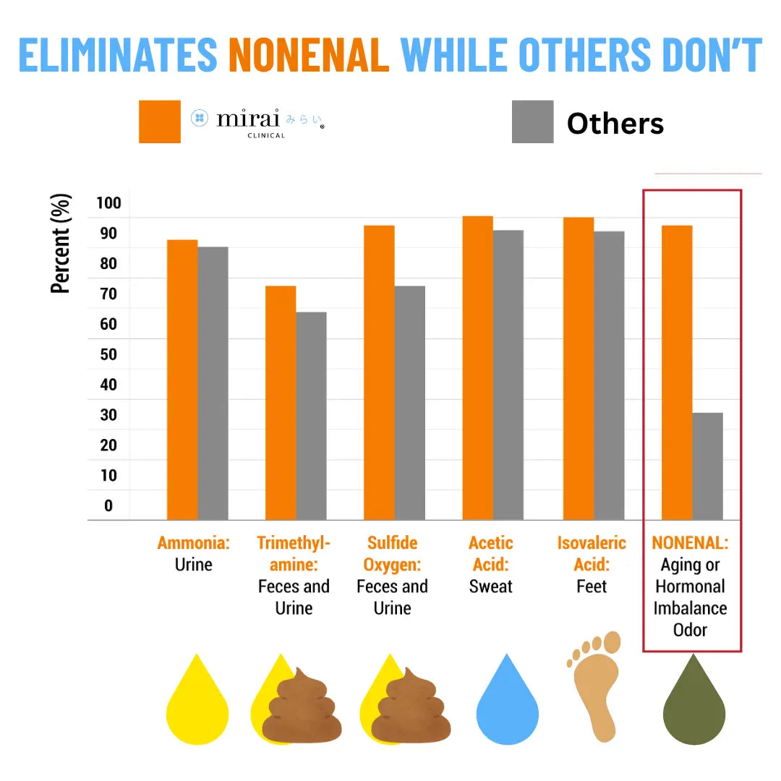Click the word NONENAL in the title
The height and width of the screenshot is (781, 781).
(x=309, y=54)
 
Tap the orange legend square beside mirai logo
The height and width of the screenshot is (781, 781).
(x=160, y=121)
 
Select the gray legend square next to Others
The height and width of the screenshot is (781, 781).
(x=532, y=121)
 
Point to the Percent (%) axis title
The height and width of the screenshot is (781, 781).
(x=61, y=243)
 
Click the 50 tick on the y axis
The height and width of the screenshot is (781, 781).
(x=108, y=354)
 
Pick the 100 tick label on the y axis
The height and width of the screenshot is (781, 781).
(x=108, y=202)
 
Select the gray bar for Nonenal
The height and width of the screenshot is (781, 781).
(x=707, y=466)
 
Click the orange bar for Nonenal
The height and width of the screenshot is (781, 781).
(x=677, y=372)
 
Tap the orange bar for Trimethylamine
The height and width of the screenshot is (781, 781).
(x=281, y=403)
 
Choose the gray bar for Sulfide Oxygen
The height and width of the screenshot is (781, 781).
(x=409, y=403)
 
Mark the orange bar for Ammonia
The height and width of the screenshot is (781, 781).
(x=182, y=380)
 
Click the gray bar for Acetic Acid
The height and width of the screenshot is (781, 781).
(x=508, y=375)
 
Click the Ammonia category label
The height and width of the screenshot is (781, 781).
(x=193, y=543)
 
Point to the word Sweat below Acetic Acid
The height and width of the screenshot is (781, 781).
(x=490, y=586)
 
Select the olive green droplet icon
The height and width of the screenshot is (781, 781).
(x=694, y=705)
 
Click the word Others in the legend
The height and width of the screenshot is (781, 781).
(x=615, y=124)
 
